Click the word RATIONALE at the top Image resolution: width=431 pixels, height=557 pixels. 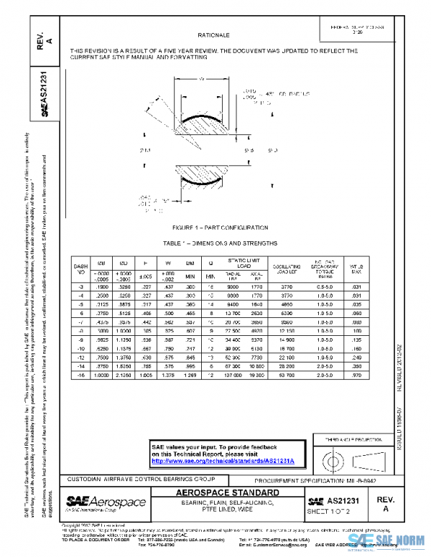coord(215,34)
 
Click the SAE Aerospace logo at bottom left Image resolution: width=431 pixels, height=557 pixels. coord(106,502)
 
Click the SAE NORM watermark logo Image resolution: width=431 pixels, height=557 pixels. coord(388,540)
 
